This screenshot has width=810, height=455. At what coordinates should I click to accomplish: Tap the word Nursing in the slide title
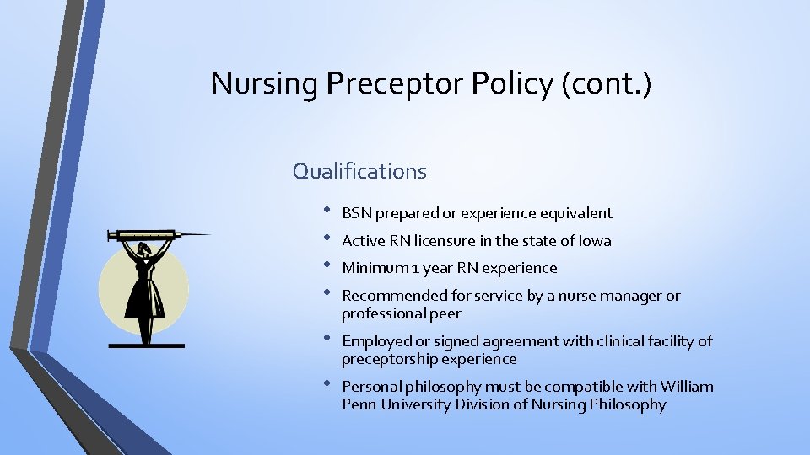click(x=264, y=83)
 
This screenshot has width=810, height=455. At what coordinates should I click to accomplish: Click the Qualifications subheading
click(x=359, y=171)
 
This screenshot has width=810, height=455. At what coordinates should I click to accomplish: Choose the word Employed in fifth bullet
click(x=375, y=341)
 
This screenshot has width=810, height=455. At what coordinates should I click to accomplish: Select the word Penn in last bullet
click(x=358, y=405)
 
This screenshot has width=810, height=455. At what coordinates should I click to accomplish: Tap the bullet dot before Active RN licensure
click(x=327, y=239)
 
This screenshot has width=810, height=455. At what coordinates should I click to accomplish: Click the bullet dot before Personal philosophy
click(x=327, y=385)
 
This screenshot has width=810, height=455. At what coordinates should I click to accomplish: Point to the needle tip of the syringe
click(x=209, y=234)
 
